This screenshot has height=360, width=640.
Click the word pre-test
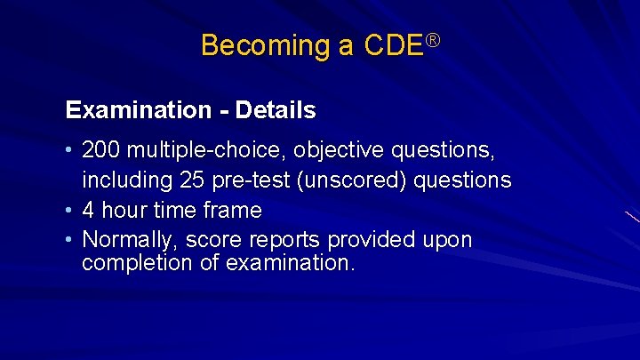click(255, 181)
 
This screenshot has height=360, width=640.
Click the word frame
click(234, 211)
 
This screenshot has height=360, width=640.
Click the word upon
click(447, 240)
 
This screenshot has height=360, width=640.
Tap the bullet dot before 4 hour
click(69, 211)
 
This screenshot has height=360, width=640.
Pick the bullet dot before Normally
click(69, 240)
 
